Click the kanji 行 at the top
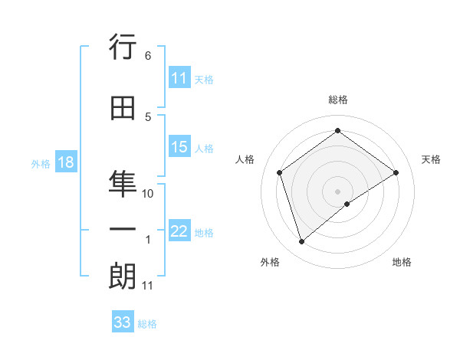tap(123, 49)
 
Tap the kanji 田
tap(123, 110)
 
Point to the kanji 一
tap(123, 228)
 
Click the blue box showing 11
tap(179, 79)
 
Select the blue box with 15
tap(179, 148)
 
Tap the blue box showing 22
tap(179, 232)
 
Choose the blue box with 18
tap(65, 163)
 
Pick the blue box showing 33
tap(123, 322)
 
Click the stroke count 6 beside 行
tap(147, 56)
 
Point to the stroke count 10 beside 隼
tap(148, 194)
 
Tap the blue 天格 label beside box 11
tap(204, 80)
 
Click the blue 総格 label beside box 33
tap(147, 324)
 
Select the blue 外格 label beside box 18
tap(41, 164)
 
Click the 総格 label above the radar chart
tap(338, 100)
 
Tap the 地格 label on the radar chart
tap(402, 262)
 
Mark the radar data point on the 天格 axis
tap(396, 172)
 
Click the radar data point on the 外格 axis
tap(301, 242)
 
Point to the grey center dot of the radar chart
tap(338, 191)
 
